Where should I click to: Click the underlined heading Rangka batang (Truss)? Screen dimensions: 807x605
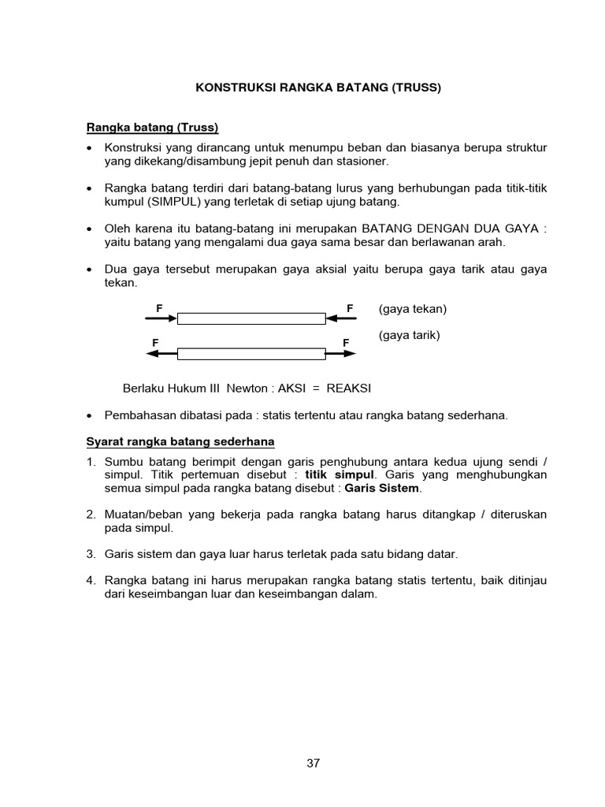click(x=151, y=127)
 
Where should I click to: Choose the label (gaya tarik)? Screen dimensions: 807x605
click(x=409, y=335)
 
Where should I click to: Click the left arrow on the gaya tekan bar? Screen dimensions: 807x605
click(x=161, y=318)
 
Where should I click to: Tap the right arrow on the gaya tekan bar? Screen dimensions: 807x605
click(x=341, y=318)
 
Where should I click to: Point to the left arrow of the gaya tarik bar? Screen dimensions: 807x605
click(x=161, y=354)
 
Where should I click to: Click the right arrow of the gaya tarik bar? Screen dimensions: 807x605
click(x=341, y=354)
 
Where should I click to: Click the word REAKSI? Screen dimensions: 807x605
click(x=349, y=389)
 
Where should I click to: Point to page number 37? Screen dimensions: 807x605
click(x=313, y=763)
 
